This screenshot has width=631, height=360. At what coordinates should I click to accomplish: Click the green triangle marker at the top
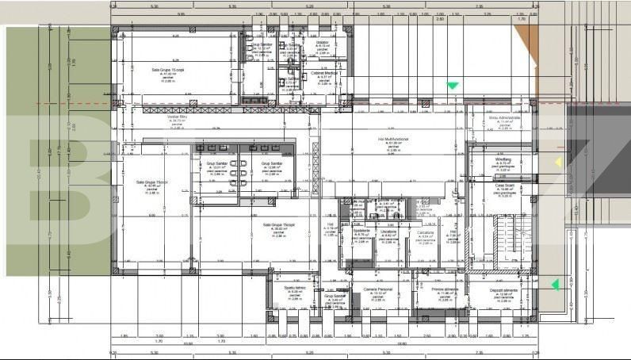(x=453, y=86)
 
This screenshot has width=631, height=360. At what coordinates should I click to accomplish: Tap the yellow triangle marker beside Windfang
(x=558, y=163)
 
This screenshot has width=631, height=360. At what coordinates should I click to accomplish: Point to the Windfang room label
(x=503, y=159)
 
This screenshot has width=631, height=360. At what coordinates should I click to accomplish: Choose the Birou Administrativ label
(x=505, y=117)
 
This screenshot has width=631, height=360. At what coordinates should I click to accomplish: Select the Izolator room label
(x=322, y=42)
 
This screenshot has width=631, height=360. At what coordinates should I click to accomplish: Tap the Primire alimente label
(x=445, y=289)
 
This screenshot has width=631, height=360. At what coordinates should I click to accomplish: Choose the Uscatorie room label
(x=390, y=231)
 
